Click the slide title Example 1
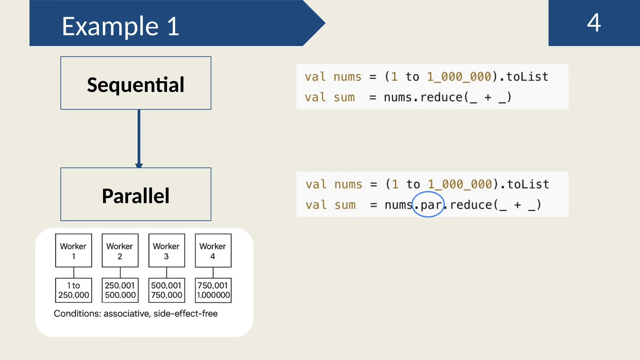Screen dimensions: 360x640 point(120,26)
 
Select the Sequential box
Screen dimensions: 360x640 point(136,83)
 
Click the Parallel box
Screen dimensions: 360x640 point(136,195)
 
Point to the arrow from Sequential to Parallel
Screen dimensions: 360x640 point(139,137)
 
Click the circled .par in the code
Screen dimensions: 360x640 point(428,205)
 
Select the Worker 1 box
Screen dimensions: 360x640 point(73,251)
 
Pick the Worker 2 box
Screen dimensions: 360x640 point(120,251)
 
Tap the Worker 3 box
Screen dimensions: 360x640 point(167,251)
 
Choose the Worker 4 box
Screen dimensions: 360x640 point(213,251)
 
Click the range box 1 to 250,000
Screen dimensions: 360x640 point(73,290)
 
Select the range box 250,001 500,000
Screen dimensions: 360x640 point(120,290)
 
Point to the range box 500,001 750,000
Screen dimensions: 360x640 point(167,290)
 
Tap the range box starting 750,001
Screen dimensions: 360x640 point(213,290)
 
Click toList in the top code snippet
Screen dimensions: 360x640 point(527,77)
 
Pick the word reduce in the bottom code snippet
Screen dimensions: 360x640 point(471,205)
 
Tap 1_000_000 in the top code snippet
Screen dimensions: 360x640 point(459,77)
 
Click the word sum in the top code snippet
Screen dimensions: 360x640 point(344,97)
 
